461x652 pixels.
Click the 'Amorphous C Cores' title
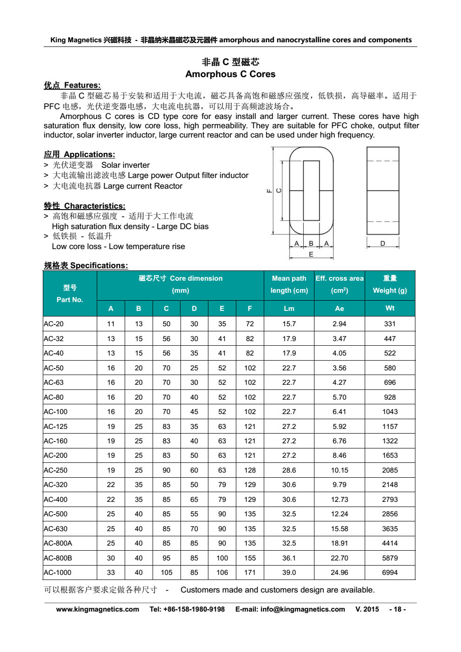pyautogui.click(x=230, y=74)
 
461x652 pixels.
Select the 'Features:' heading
pyautogui.click(x=82, y=86)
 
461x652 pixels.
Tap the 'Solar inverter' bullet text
pyautogui.click(x=126, y=165)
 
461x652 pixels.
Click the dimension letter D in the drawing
pyautogui.click(x=382, y=244)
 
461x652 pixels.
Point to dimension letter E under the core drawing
pyautogui.click(x=311, y=255)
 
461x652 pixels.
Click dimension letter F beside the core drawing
pyautogui.click(x=269, y=191)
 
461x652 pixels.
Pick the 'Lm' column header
pyautogui.click(x=289, y=309)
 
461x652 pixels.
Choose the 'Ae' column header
pyautogui.click(x=340, y=309)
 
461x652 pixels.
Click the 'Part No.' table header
pyautogui.click(x=70, y=300)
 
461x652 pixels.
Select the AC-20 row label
pyautogui.click(x=54, y=324)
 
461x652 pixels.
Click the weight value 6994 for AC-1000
pyautogui.click(x=390, y=573)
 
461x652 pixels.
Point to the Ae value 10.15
pyautogui.click(x=340, y=470)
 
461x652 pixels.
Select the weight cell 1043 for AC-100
pyautogui.click(x=390, y=412)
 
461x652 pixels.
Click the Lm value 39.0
pyautogui.click(x=289, y=573)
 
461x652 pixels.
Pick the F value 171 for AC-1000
pyautogui.click(x=250, y=573)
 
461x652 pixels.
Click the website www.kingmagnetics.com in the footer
pyautogui.click(x=98, y=609)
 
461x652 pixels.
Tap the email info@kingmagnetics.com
pyautogui.click(x=302, y=609)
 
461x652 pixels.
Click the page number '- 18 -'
pyautogui.click(x=397, y=609)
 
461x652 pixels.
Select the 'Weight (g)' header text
pyautogui.click(x=390, y=290)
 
